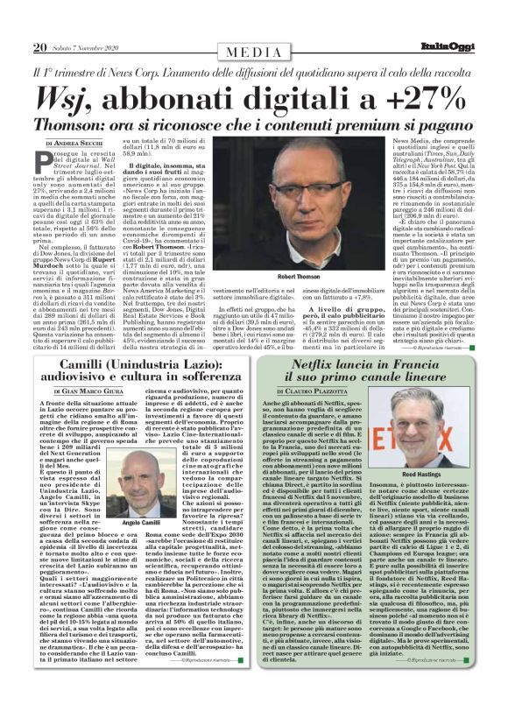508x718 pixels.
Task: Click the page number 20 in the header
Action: [x=40, y=47]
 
